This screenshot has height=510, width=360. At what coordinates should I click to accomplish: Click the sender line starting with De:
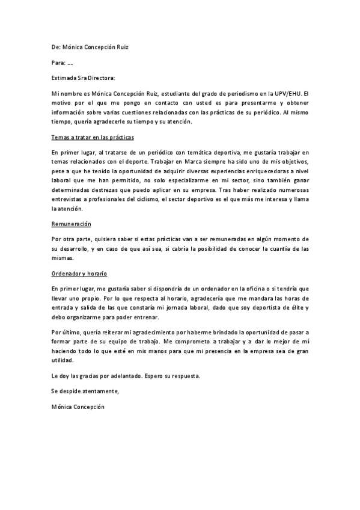point(90,47)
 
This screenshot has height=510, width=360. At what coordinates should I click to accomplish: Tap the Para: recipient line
point(63,63)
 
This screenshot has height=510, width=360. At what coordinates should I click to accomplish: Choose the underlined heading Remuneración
point(71,224)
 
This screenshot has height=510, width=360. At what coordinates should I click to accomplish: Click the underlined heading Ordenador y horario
point(79,274)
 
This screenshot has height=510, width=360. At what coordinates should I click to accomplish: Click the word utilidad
point(64,360)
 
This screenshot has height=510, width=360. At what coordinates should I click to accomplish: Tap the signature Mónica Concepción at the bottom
point(79,407)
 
